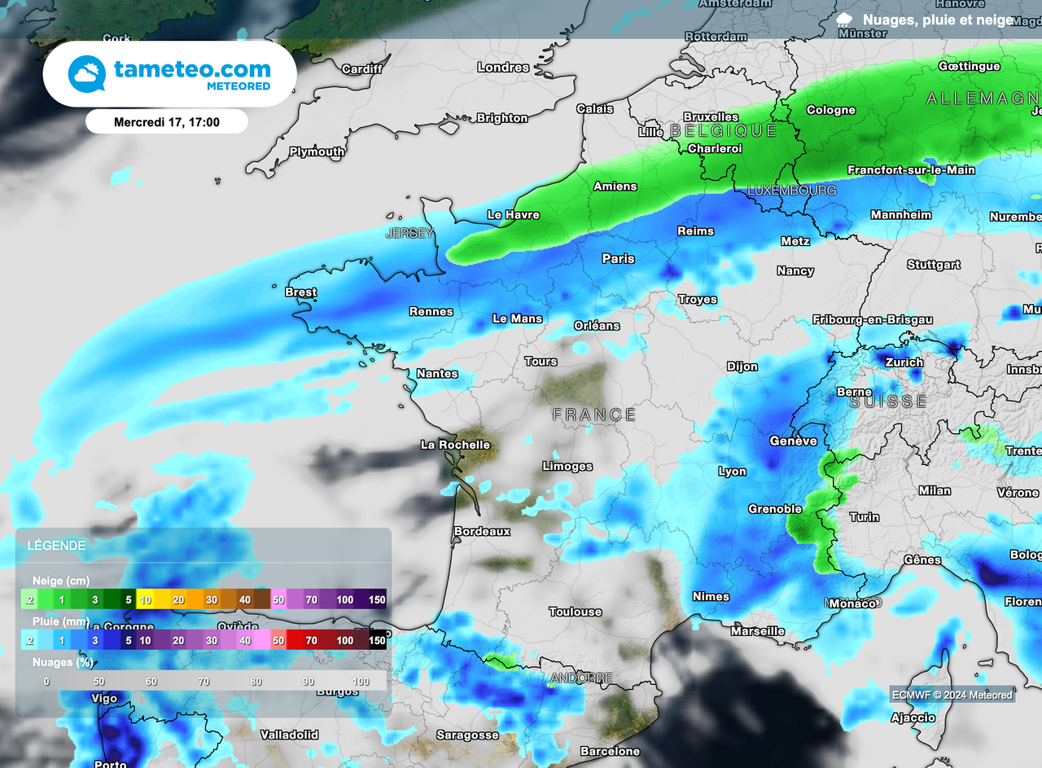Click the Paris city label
tap(618, 259)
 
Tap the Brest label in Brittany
tap(300, 292)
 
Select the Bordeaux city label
tap(482, 531)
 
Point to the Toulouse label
tap(576, 612)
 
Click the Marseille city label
tap(758, 631)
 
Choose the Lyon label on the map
tap(733, 472)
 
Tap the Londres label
tap(503, 68)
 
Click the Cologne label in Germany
tap(831, 110)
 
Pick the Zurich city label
tap(904, 362)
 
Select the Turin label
tap(864, 517)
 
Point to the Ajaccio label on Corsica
tap(913, 718)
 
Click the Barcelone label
tap(610, 751)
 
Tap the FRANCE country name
tap(594, 415)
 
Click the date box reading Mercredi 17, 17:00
tap(167, 122)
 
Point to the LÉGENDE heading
tap(56, 545)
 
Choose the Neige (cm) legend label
tap(61, 581)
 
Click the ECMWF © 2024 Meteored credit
tap(952, 695)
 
